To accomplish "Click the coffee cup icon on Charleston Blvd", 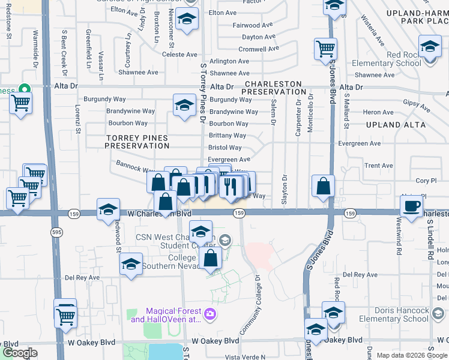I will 412,206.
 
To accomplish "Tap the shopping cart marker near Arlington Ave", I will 325,47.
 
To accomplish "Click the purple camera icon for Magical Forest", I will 209,313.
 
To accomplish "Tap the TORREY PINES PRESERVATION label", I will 137,142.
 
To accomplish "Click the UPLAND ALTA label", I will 395,125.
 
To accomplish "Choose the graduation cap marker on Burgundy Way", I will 184,105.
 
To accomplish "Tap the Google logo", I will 20,353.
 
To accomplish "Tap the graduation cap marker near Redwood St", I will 108,209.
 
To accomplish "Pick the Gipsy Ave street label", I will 417,106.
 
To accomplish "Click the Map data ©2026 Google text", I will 412,355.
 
